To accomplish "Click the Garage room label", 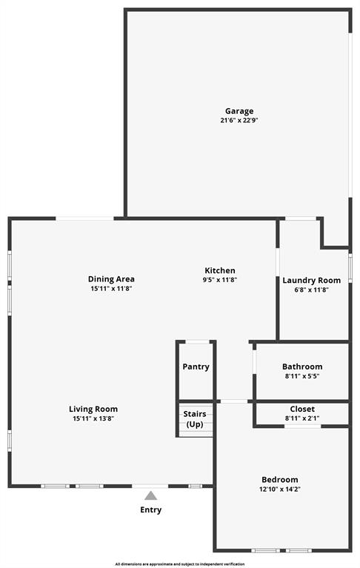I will pyautogui.click(x=239, y=111).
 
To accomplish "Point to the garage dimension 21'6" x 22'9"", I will pyautogui.click(x=239, y=120).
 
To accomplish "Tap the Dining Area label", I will pyautogui.click(x=111, y=279).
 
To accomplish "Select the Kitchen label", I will pyautogui.click(x=220, y=270).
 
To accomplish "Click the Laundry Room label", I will pyautogui.click(x=311, y=280).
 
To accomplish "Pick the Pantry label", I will pyautogui.click(x=196, y=367).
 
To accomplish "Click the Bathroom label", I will pyautogui.click(x=302, y=367).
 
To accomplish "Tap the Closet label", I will pyautogui.click(x=302, y=409).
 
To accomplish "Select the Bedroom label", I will pyautogui.click(x=280, y=479).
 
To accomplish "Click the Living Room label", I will pyautogui.click(x=93, y=409).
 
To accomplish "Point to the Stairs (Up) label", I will pyautogui.click(x=195, y=418).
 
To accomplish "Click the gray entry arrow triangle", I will pyautogui.click(x=150, y=495).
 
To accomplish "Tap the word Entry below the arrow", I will pyautogui.click(x=150, y=509).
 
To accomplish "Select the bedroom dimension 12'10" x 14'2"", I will pyautogui.click(x=280, y=489).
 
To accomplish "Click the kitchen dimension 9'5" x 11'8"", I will pyautogui.click(x=220, y=280).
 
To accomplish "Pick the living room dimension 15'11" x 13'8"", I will pyautogui.click(x=93, y=418).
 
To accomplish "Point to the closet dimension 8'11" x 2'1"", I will pyautogui.click(x=302, y=418).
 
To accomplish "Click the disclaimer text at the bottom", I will pyautogui.click(x=180, y=564).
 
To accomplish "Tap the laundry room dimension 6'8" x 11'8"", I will pyautogui.click(x=311, y=290).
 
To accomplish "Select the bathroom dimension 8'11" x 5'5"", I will pyautogui.click(x=302, y=376).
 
